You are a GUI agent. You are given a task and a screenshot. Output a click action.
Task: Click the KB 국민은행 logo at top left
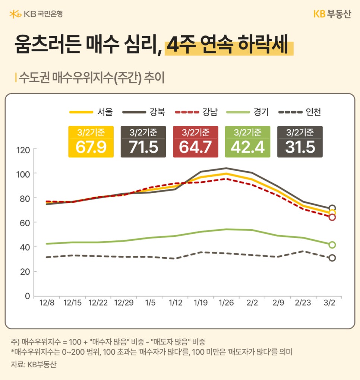[x=36, y=14]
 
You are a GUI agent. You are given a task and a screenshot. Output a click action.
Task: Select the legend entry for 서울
[x=91, y=111]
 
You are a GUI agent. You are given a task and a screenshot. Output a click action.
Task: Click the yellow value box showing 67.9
[x=91, y=142]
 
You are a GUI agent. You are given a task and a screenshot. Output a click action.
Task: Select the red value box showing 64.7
[x=195, y=142]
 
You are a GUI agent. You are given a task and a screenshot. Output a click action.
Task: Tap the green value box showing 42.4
[x=248, y=142]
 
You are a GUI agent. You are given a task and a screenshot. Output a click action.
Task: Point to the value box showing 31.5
[x=300, y=142]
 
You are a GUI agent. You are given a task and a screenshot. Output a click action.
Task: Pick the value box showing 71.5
[x=143, y=142]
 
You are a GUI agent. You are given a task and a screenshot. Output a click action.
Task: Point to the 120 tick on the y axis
[x=23, y=150]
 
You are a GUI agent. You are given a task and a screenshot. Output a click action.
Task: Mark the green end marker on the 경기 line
[x=332, y=245]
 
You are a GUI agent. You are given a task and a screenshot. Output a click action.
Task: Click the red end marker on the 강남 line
[x=332, y=217]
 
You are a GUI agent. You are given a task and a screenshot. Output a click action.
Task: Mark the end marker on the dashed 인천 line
[x=332, y=258]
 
